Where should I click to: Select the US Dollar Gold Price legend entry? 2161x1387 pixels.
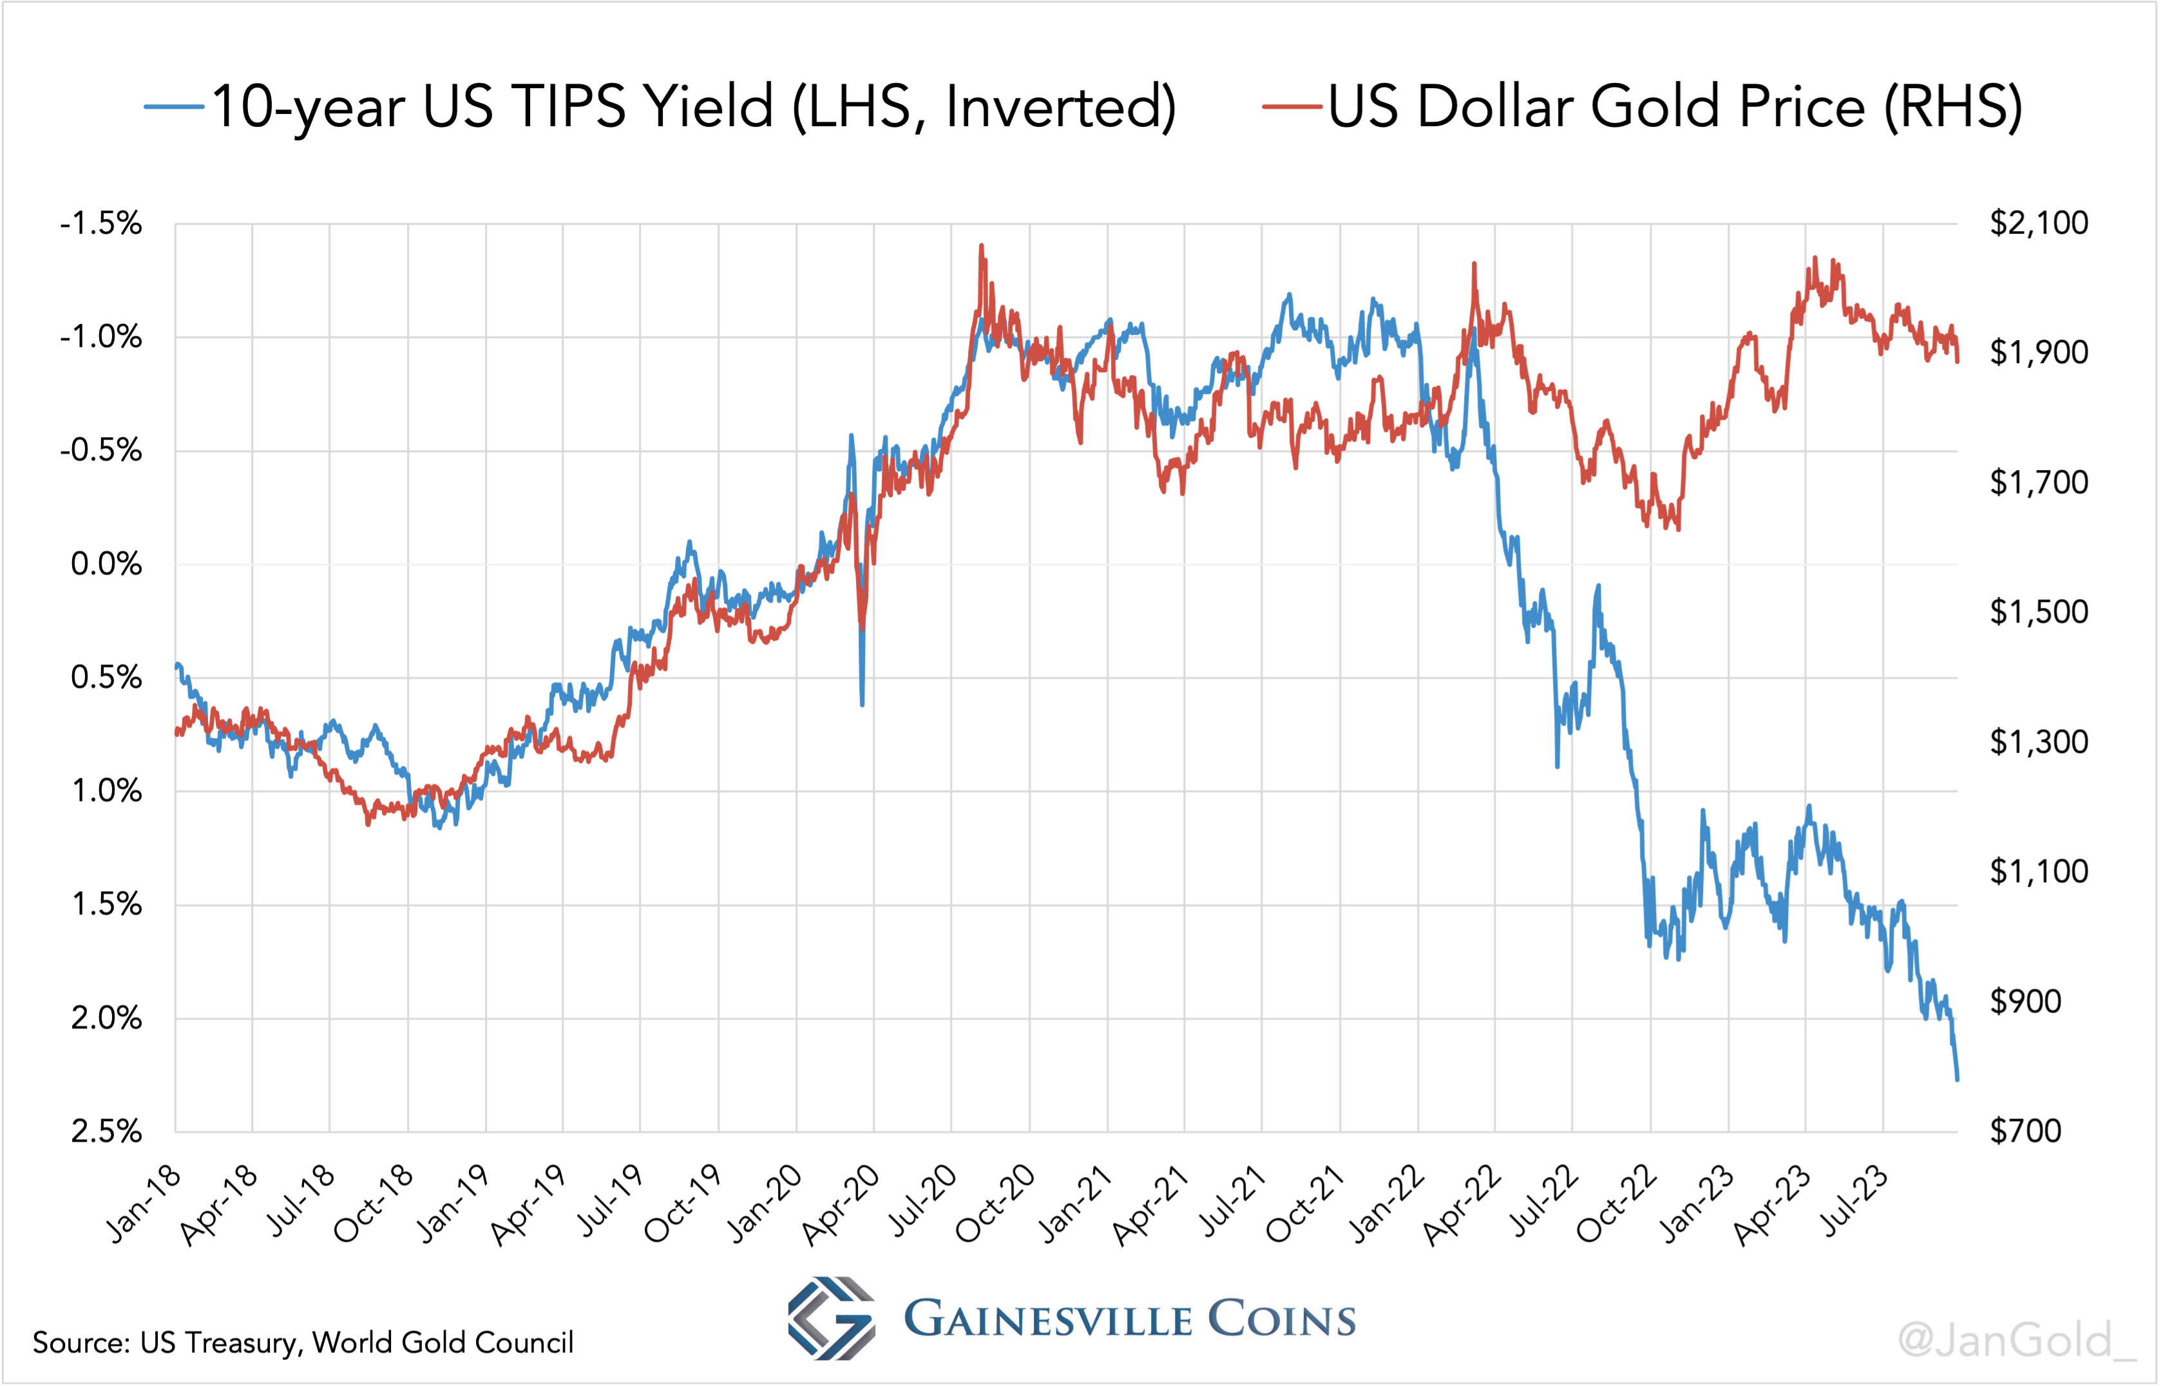(x=1644, y=106)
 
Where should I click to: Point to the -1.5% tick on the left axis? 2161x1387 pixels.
(x=101, y=223)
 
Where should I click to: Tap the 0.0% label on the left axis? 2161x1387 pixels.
(x=106, y=565)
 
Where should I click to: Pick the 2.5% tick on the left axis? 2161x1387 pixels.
(x=106, y=1131)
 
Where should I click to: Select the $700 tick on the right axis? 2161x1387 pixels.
(x=2025, y=1131)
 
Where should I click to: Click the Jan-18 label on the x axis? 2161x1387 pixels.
(x=144, y=1205)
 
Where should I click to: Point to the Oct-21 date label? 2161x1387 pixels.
(x=1306, y=1205)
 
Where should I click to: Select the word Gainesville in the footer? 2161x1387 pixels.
(x=1047, y=1320)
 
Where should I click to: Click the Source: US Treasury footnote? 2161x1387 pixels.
(x=303, y=1343)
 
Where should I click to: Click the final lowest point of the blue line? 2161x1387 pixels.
(x=1957, y=1079)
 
